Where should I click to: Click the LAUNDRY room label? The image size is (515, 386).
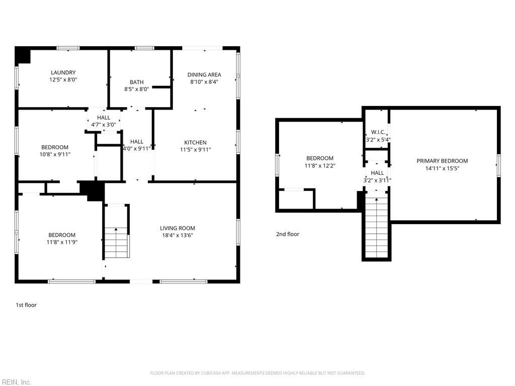[63, 72]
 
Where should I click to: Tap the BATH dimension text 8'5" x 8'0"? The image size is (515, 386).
[136, 89]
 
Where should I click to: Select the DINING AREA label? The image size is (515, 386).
[204, 75]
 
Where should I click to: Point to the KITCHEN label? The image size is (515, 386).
[195, 142]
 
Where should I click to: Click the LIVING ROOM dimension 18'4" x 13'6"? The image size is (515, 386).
[177, 235]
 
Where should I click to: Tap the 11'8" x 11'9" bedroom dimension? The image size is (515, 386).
[62, 242]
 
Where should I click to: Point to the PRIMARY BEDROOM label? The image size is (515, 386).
[442, 161]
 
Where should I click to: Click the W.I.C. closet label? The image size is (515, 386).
[378, 133]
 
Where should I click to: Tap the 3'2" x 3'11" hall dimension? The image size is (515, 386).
[377, 180]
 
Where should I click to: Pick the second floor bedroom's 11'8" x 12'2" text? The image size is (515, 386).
[319, 165]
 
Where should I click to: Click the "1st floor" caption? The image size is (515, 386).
[26, 305]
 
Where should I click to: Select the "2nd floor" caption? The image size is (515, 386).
[288, 234]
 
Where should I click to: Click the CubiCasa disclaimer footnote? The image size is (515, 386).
[257, 373]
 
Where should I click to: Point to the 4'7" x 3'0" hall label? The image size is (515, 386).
[104, 125]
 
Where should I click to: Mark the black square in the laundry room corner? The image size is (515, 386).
[23, 55]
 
